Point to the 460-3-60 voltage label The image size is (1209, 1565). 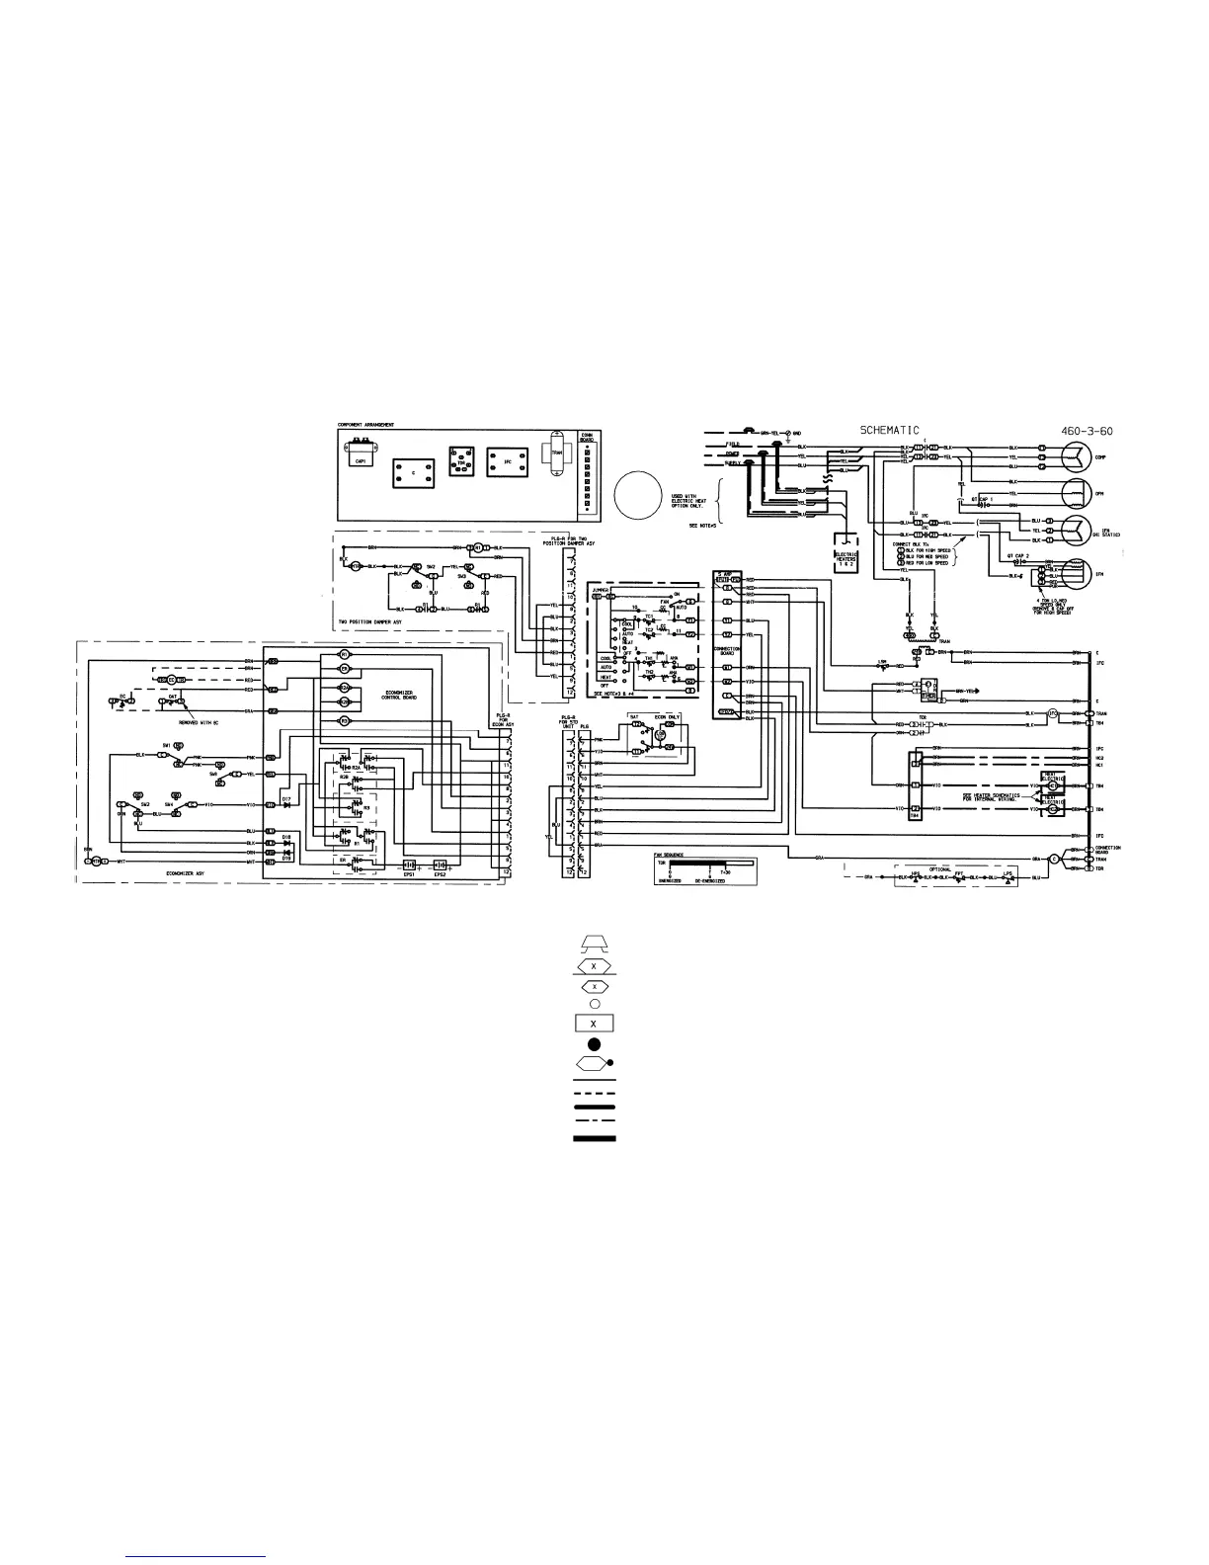coord(1071,430)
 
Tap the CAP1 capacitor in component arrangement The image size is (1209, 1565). coord(358,457)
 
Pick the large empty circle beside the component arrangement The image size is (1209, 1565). coord(637,493)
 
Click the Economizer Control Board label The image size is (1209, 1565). coord(403,695)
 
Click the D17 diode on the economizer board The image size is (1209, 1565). coord(287,804)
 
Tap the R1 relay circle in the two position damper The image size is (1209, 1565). coord(478,547)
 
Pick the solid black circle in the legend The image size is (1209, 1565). coord(594,1043)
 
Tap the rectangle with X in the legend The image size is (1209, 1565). coord(594,1024)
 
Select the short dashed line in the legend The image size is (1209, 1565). coord(594,1094)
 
